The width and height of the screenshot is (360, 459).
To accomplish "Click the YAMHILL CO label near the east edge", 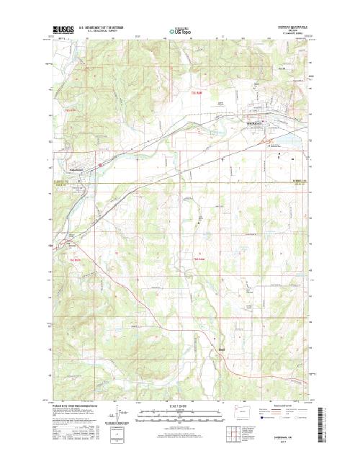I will click(297, 182).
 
